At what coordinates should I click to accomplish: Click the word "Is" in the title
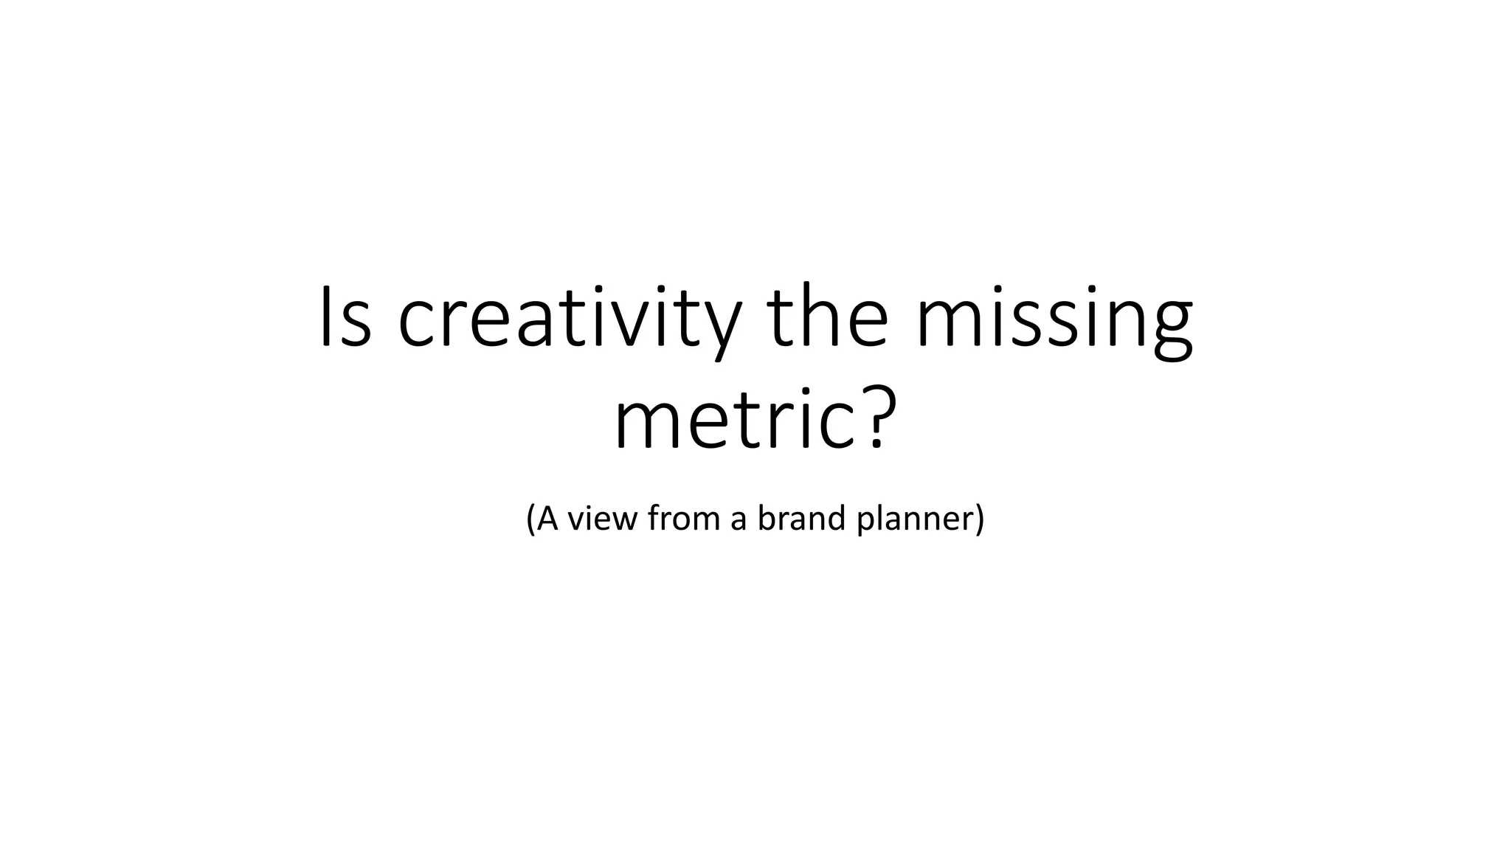(x=345, y=317)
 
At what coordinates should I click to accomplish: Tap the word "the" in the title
(x=827, y=317)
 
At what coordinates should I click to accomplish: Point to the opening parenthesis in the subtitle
(x=530, y=519)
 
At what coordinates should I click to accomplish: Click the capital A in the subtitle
(x=547, y=518)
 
